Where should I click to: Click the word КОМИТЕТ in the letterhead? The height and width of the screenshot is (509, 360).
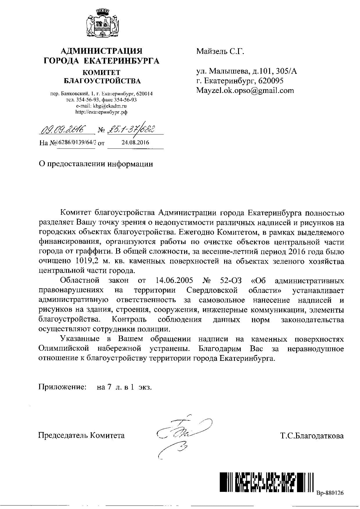point(101,72)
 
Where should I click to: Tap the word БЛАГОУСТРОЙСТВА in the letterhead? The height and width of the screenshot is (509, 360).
point(102,81)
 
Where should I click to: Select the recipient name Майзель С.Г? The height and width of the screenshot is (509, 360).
point(220,52)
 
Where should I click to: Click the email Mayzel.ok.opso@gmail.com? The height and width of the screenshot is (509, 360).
point(245,91)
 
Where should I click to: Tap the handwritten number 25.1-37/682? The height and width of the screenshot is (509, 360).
point(131,128)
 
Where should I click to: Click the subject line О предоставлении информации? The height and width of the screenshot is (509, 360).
point(96,164)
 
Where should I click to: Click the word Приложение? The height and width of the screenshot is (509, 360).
point(62,387)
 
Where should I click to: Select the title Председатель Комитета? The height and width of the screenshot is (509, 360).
point(82,435)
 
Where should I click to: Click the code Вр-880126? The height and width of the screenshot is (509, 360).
point(330,493)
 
